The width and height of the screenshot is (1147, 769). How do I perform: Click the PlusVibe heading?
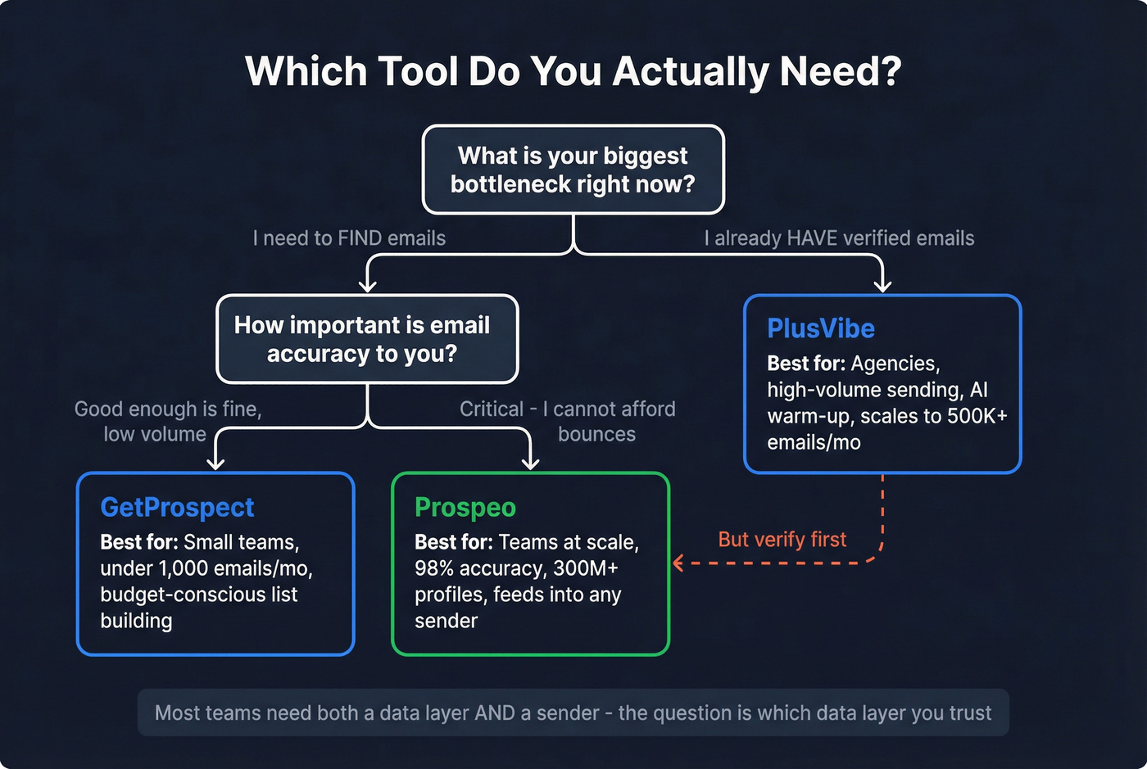pyautogui.click(x=820, y=328)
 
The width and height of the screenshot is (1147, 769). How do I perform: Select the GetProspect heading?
pyautogui.click(x=177, y=507)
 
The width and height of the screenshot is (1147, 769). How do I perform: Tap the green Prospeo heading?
pyautogui.click(x=465, y=507)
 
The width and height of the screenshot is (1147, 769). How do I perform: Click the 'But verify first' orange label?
pyautogui.click(x=782, y=539)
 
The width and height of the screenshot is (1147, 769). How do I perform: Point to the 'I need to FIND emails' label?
pyautogui.click(x=349, y=238)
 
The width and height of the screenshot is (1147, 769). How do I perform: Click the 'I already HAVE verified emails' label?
pyautogui.click(x=839, y=238)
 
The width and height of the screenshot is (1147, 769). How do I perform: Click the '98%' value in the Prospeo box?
pyautogui.click(x=434, y=568)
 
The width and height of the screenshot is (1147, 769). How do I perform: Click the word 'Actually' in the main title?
pyautogui.click(x=690, y=71)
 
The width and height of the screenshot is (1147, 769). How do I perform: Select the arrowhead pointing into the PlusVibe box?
pyautogui.click(x=882, y=285)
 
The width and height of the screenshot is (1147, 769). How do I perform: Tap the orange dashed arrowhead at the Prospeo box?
pyautogui.click(x=678, y=563)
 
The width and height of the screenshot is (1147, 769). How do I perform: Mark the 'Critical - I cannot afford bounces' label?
pyautogui.click(x=567, y=421)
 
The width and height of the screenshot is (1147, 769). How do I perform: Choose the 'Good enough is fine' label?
pyautogui.click(x=168, y=409)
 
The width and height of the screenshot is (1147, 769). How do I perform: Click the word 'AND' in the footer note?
pyautogui.click(x=495, y=712)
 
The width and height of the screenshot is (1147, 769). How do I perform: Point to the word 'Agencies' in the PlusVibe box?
pyautogui.click(x=895, y=364)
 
